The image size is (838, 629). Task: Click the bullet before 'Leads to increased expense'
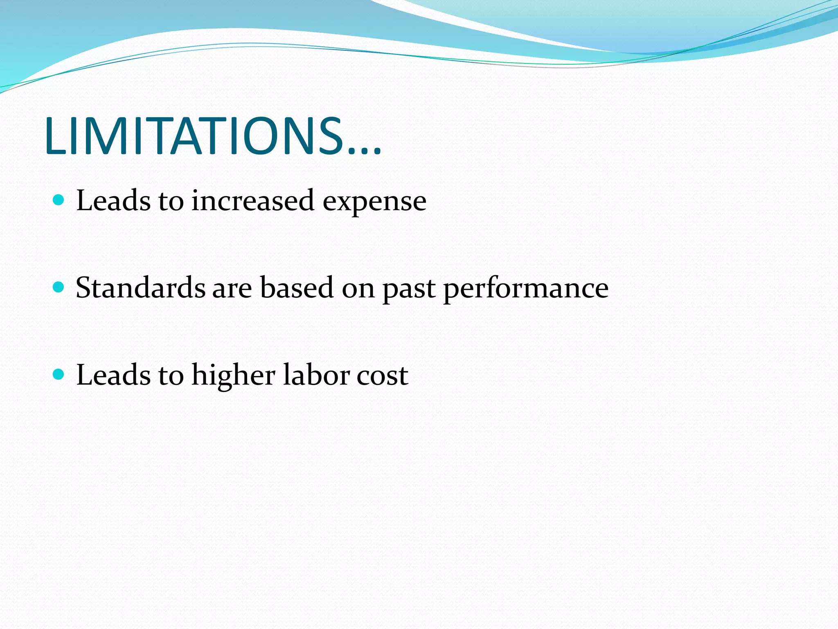[59, 200]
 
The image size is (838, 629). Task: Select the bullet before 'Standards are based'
[59, 287]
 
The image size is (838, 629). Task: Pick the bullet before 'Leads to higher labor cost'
[59, 374]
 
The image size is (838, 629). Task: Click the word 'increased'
[253, 201]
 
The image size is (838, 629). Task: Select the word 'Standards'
[140, 287]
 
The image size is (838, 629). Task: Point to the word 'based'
[297, 287]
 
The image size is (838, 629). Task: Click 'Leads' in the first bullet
[113, 201]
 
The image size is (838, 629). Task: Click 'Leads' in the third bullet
[113, 375]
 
